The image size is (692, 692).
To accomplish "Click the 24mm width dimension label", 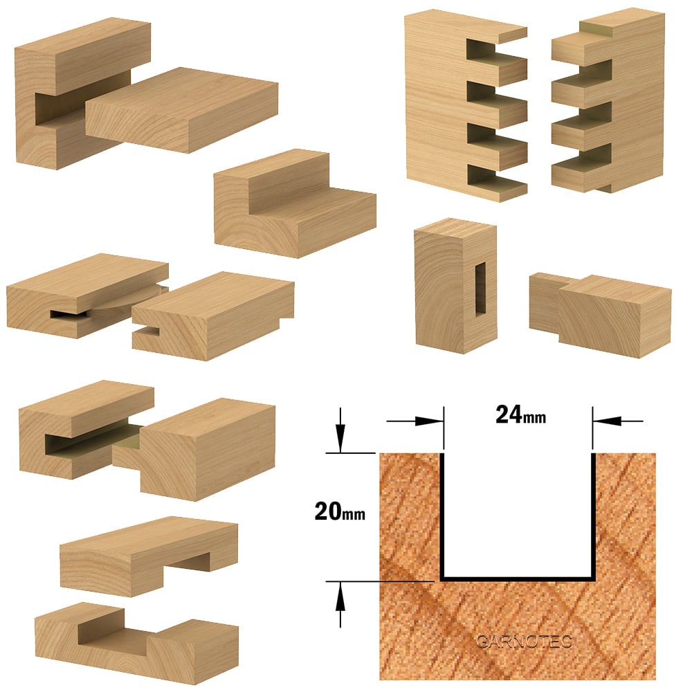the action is coord(520,415).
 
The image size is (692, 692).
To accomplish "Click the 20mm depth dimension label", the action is coord(340,512).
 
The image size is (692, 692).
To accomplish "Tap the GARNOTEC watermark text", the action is coord(525,641).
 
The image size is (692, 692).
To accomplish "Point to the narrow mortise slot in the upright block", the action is coord(480,289).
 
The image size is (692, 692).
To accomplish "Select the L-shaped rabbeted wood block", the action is coord(295,204).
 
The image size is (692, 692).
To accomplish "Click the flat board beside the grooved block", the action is coord(182,110).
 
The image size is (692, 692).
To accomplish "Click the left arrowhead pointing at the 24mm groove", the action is coord(430,421).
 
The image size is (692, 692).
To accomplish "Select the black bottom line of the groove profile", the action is coord(518,578).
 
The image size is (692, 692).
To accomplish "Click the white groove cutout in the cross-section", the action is coord(518,515).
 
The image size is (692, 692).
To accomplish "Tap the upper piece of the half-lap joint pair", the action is coord(149,556).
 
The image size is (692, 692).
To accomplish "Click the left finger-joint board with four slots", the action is coord(466,106).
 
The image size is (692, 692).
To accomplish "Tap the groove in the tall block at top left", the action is coord(62,109).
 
